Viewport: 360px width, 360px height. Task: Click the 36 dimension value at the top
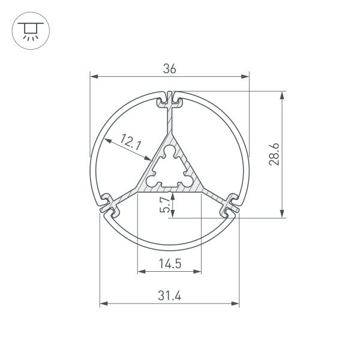pyautogui.click(x=170, y=69)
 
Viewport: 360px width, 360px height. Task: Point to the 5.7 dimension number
pyautogui.click(x=164, y=205)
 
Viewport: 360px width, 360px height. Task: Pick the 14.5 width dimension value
pyautogui.click(x=170, y=263)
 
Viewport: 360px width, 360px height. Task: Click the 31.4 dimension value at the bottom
pyautogui.click(x=170, y=295)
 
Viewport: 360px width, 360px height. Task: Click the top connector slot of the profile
pyautogui.click(x=170, y=99)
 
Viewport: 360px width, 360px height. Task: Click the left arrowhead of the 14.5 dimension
pyautogui.click(x=142, y=272)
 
